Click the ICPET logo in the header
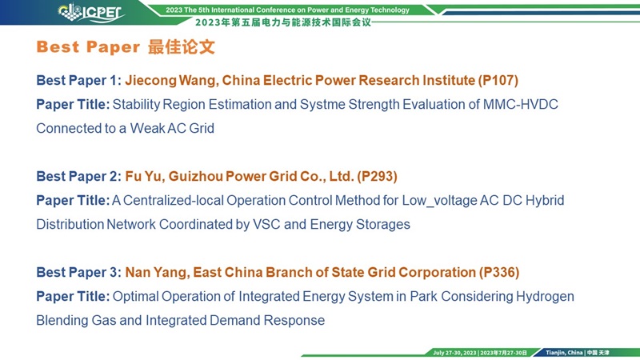91,12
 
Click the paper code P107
498,81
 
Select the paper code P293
377,176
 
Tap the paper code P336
498,272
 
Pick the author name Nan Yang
157,273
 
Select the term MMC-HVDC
521,105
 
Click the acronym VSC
266,225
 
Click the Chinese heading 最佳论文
182,47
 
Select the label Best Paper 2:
78,176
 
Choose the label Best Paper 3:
78,273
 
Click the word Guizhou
195,176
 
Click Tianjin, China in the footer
564,353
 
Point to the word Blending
62,321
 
